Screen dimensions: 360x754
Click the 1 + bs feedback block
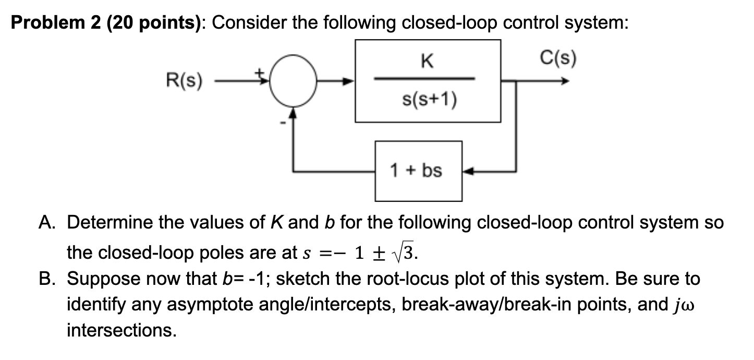pos(418,171)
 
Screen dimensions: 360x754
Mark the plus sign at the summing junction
pos(258,74)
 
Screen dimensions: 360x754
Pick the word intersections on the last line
pos(121,330)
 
